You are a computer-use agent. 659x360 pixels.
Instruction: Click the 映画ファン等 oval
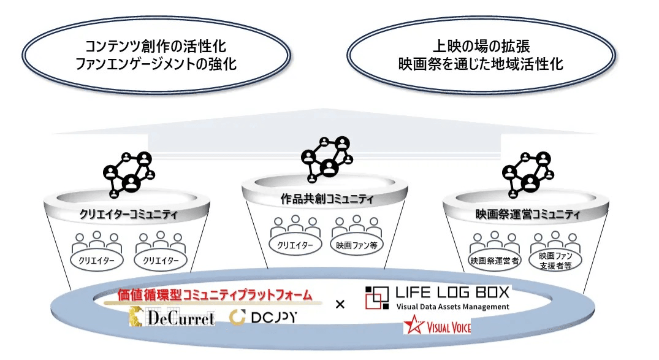coord(357,245)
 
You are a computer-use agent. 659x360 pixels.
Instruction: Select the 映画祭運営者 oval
coord(494,261)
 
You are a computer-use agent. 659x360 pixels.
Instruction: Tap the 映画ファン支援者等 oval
coord(555,261)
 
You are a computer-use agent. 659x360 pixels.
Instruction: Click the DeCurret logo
coord(172,318)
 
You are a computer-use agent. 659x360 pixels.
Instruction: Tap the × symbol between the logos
coord(341,304)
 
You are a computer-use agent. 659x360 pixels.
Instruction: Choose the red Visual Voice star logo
coord(437,326)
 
